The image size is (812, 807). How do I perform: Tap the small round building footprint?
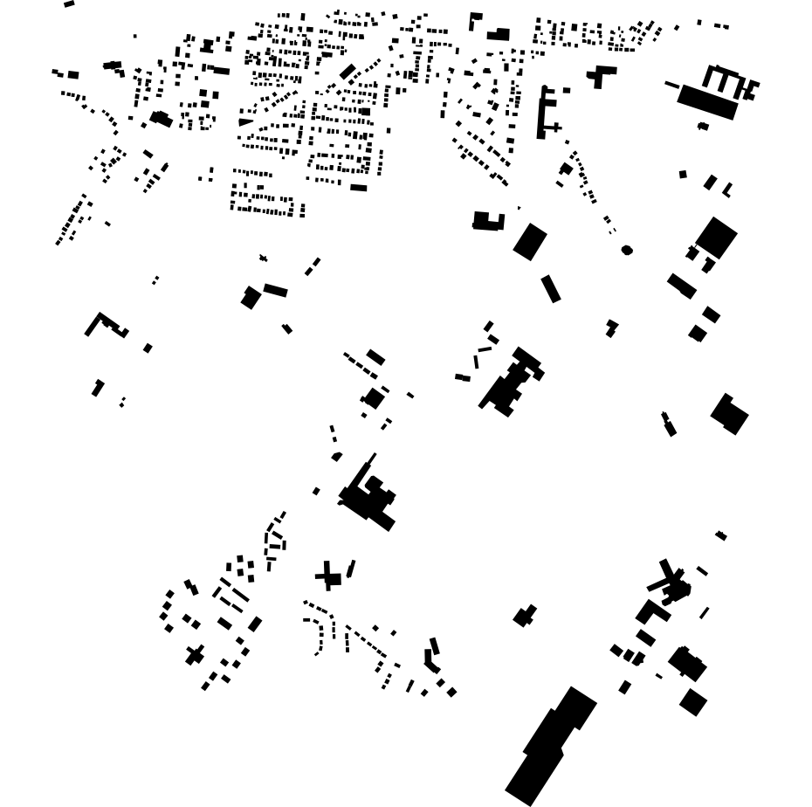pyautogui.click(x=627, y=251)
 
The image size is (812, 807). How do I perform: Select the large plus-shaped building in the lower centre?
pyautogui.click(x=327, y=576)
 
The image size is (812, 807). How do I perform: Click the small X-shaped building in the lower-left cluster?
pyautogui.click(x=195, y=654)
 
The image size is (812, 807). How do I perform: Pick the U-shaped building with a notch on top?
pyautogui.click(x=488, y=221)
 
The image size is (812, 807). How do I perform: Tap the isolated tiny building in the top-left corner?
pyautogui.click(x=69, y=4)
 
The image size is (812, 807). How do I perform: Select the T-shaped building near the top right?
pyautogui.click(x=600, y=76)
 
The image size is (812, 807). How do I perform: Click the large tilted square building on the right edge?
pyautogui.click(x=717, y=237)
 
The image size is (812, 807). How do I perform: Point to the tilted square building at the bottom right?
pyautogui.click(x=693, y=702)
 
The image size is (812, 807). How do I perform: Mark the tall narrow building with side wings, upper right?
pyautogui.click(x=544, y=112)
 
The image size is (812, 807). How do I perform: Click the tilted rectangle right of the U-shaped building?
pyautogui.click(x=529, y=242)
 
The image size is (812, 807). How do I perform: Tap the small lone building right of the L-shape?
pyautogui.click(x=148, y=348)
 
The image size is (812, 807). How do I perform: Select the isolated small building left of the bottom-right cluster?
pyautogui.click(x=524, y=617)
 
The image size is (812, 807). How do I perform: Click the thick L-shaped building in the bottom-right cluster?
pyautogui.click(x=651, y=610)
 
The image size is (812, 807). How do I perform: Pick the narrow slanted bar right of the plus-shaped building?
pyautogui.click(x=351, y=569)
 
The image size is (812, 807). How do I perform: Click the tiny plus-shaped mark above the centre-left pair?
pyautogui.click(x=263, y=258)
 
